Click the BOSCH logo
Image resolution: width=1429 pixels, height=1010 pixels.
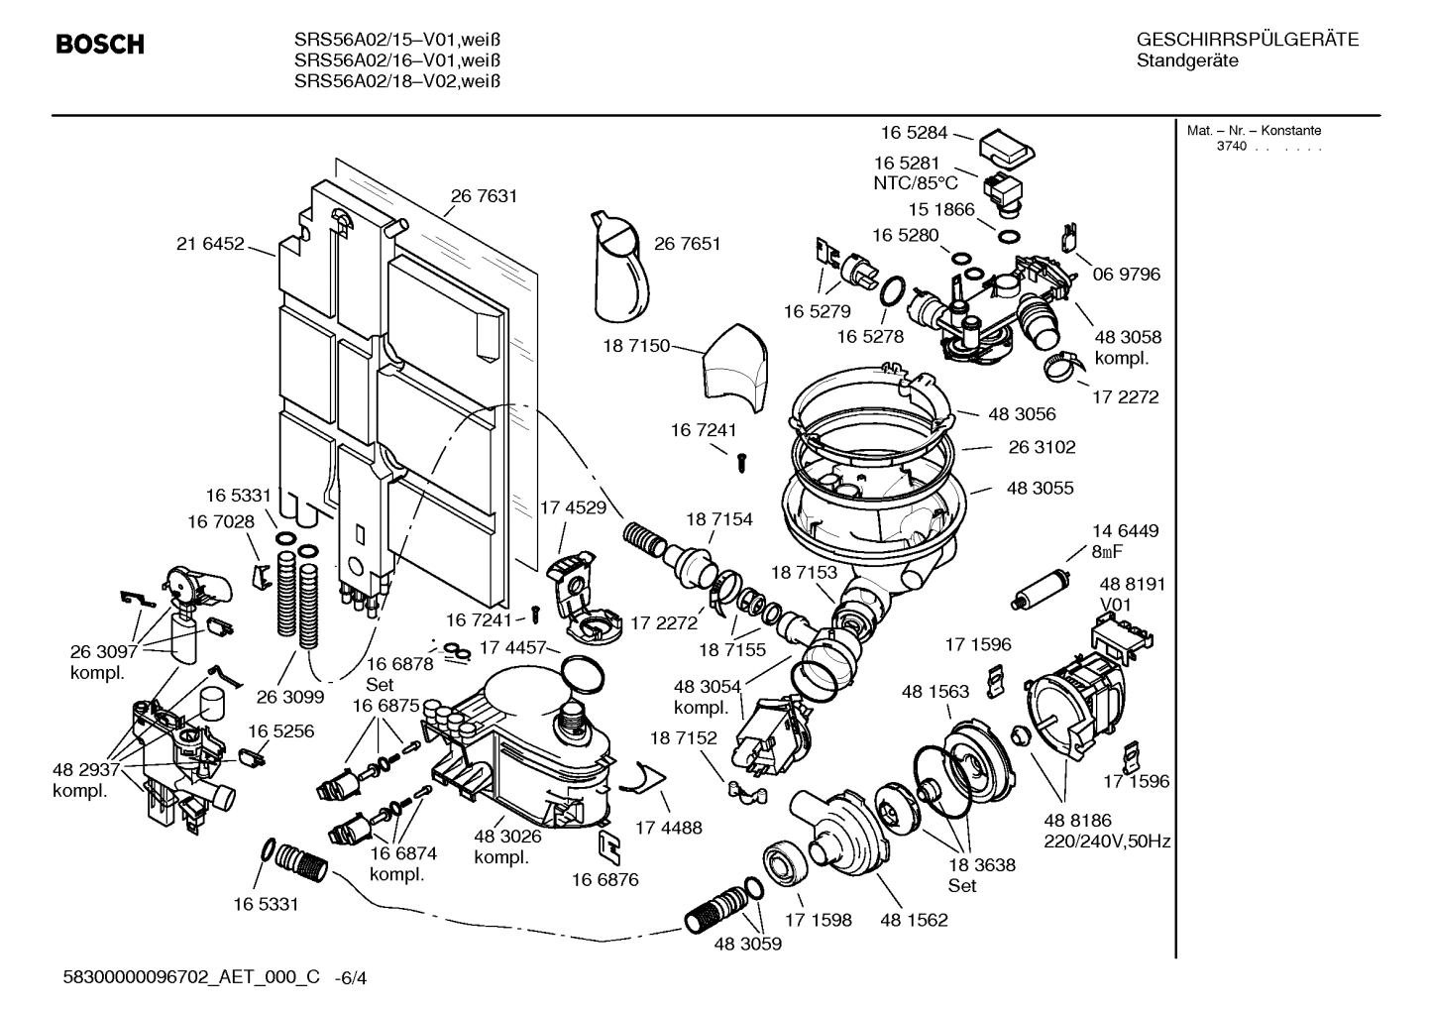coord(100,45)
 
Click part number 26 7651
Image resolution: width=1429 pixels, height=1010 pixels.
coord(687,244)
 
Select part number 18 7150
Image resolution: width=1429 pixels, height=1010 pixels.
coord(635,346)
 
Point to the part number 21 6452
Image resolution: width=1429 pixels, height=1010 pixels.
coord(210,244)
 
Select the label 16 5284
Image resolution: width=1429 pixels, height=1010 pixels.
coord(914,132)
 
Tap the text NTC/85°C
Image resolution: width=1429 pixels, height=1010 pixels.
coord(916,183)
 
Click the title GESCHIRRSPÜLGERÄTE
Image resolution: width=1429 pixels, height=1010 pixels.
coord(1247,40)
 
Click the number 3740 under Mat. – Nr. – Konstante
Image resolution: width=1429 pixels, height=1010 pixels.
coord(1232,147)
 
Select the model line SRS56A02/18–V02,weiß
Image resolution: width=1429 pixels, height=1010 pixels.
coord(396,81)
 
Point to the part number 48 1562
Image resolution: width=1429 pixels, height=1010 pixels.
coord(914,920)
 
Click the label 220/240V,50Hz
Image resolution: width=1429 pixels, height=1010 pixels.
coord(1107,842)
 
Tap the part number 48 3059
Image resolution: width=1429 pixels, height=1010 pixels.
coord(747,944)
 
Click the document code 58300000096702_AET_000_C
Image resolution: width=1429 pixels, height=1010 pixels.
coord(191,977)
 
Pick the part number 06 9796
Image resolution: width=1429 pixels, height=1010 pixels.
coord(1126,274)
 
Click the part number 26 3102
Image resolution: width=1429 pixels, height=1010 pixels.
coord(1042,447)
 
